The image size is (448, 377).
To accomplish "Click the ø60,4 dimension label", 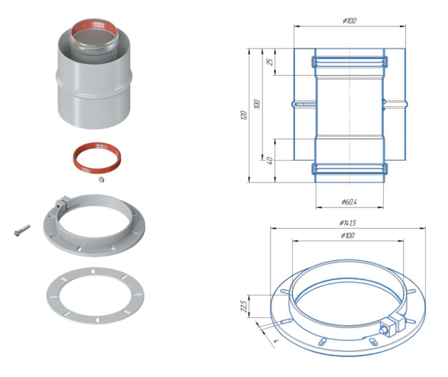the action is [349, 202].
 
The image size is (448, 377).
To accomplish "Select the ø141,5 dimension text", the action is [348, 223].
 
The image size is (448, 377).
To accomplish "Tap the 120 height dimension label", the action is [244, 115].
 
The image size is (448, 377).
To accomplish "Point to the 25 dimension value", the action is [271, 62].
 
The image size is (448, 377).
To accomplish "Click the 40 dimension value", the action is [271, 161].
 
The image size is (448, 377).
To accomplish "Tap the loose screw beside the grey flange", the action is [22, 230].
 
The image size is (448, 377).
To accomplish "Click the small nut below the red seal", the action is [101, 179].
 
